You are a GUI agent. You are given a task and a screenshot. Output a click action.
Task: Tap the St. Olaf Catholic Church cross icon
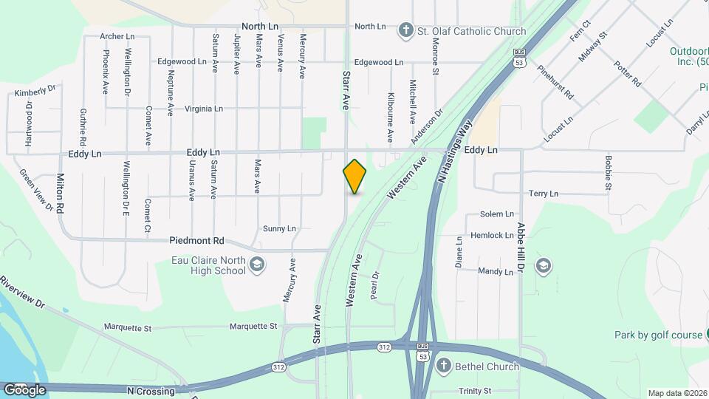tap(405, 31)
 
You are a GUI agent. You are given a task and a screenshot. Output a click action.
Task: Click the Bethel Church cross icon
tap(443, 366)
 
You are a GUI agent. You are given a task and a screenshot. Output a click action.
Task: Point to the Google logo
tap(24, 389)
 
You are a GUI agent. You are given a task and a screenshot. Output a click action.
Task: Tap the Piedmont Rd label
tap(196, 241)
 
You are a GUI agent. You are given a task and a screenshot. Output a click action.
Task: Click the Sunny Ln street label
tap(279, 229)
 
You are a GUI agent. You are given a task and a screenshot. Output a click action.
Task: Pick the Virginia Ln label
tap(204, 108)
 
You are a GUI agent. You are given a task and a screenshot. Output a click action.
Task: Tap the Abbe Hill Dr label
tap(520, 248)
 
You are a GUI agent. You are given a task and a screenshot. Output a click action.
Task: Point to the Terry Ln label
tap(544, 194)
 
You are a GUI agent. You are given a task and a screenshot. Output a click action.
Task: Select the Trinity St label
tap(475, 390)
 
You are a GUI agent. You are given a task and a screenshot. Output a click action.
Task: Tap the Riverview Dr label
tap(22, 293)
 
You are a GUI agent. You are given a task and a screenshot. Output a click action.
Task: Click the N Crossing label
tap(151, 391)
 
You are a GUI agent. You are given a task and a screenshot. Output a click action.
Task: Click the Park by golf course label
tap(658, 335)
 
